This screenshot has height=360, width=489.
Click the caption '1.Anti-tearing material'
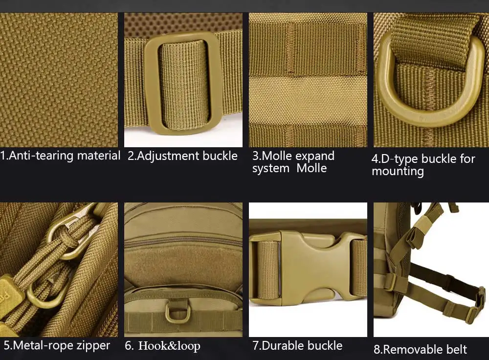click(60, 156)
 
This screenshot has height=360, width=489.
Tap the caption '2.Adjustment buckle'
click(182, 156)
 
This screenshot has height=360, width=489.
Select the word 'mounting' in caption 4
click(398, 171)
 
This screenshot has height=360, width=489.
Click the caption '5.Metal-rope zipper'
click(57, 345)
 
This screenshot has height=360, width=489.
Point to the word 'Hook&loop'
click(169, 346)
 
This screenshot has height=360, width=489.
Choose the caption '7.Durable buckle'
click(297, 345)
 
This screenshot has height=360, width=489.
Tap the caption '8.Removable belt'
click(420, 349)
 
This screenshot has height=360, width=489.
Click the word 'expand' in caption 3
click(314, 156)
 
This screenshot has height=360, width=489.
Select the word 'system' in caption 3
click(271, 168)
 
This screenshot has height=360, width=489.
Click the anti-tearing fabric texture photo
click(59, 80)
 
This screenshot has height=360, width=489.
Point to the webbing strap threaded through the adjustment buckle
click(183, 84)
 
